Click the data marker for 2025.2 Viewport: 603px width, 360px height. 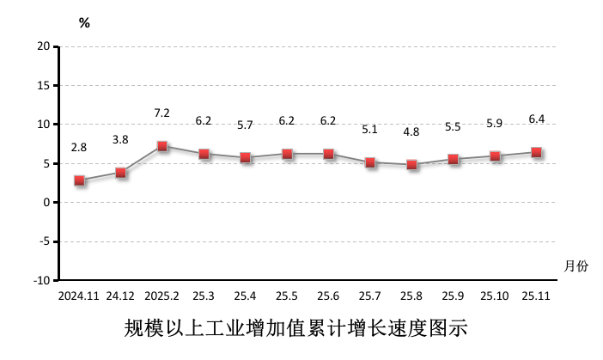pos(162,146)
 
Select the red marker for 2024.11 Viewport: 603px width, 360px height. pos(79,180)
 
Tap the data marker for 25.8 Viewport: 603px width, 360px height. pos(412,164)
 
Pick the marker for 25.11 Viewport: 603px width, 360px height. pos(537,152)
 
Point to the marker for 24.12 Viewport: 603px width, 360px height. pos(121,173)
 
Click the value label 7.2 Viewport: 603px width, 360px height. pos(162,113)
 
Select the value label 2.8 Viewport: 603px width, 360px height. pos(79,148)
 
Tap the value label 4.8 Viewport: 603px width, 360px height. pos(412,131)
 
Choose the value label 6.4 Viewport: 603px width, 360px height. pos(537,119)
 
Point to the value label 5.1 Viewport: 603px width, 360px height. pos(370,131)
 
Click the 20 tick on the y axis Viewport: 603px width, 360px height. pos(43,46)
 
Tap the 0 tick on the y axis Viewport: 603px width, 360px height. pos(46,203)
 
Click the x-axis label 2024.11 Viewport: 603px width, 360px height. pos(80,296)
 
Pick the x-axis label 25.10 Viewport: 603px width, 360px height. pos(495,296)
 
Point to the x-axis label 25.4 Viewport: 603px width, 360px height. pos(246,296)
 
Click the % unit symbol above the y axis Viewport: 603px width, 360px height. pos(84,23)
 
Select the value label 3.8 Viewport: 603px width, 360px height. pos(121,140)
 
